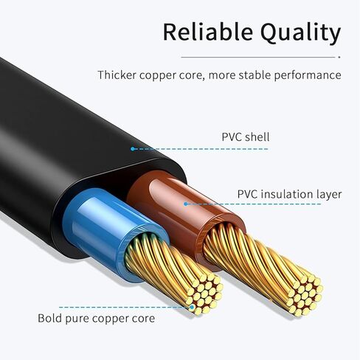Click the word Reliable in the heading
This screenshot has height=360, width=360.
(x=208, y=32)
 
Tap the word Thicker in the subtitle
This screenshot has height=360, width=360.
(x=117, y=75)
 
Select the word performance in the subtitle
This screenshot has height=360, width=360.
(x=308, y=75)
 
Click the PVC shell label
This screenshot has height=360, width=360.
(x=246, y=137)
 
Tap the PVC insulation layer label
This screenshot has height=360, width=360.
(x=289, y=194)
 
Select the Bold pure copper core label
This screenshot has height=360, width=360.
(x=97, y=319)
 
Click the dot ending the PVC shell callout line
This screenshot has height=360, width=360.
(x=133, y=149)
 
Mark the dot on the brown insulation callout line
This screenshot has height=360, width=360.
(x=186, y=204)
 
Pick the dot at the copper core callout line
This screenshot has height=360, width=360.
(x=192, y=307)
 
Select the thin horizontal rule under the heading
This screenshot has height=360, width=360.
(x=258, y=57)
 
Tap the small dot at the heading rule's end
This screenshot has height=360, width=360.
(x=339, y=57)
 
